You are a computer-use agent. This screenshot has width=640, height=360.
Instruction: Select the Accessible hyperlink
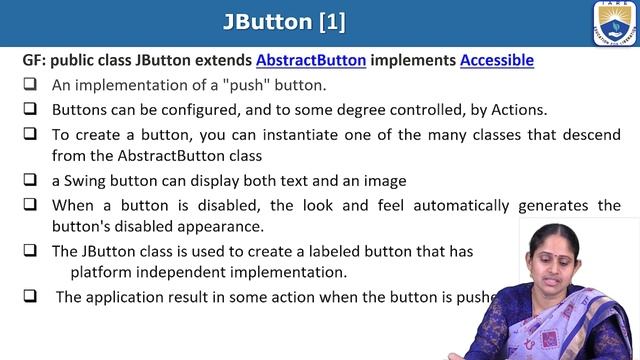(x=496, y=60)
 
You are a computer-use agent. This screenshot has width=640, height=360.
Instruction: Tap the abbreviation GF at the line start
(x=33, y=60)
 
